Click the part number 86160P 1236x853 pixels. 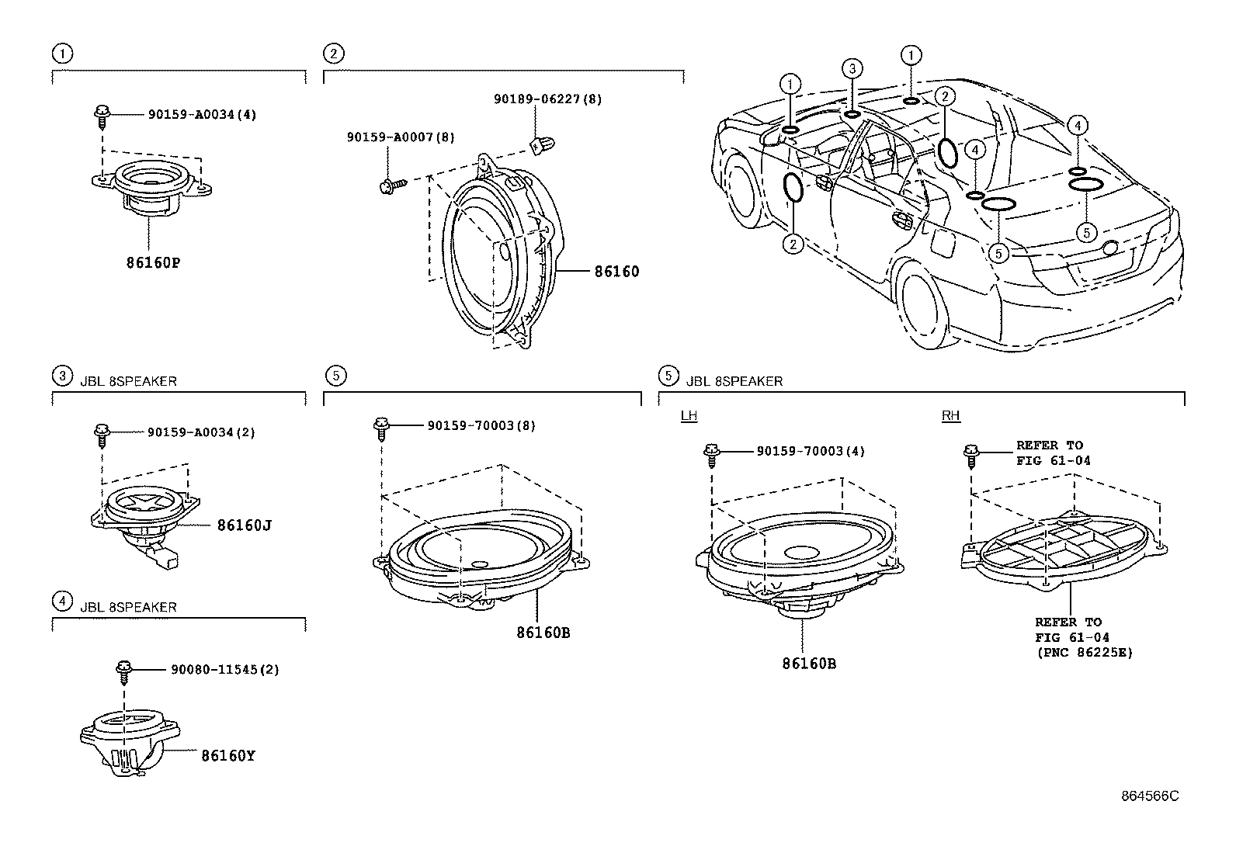[x=153, y=262]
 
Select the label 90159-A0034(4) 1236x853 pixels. [x=202, y=114]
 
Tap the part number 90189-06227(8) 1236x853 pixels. [x=547, y=99]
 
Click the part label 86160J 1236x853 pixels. [x=244, y=525]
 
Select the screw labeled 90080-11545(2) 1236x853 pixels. [x=122, y=669]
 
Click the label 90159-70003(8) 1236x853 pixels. [x=481, y=425]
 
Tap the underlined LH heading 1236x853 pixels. [x=688, y=416]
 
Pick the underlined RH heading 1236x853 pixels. [x=950, y=416]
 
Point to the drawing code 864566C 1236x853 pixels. [x=1149, y=796]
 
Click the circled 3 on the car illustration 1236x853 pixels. [x=852, y=69]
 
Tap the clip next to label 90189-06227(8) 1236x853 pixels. [x=536, y=141]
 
